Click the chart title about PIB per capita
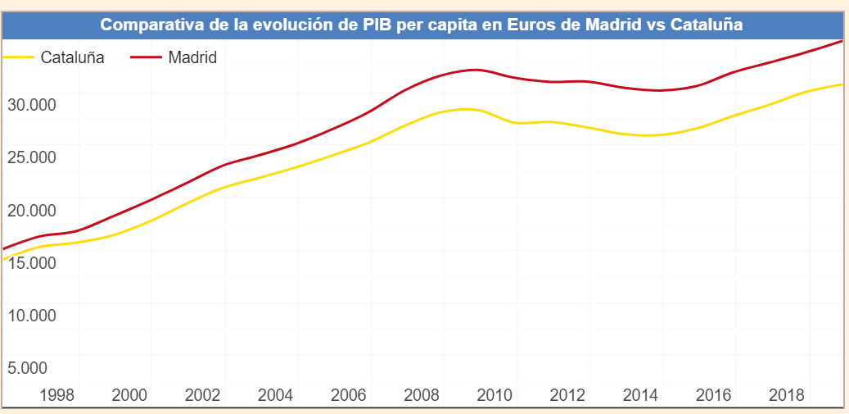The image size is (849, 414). click(x=422, y=25)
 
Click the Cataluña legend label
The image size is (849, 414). click(x=72, y=57)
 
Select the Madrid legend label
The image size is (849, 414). click(x=192, y=57)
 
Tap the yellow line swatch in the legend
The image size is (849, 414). click(x=18, y=57)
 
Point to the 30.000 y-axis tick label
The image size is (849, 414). click(x=31, y=105)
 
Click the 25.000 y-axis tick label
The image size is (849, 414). click(x=31, y=157)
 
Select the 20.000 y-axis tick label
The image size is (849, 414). click(x=31, y=210)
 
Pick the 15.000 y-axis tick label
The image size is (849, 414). click(x=31, y=263)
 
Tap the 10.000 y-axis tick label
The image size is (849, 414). click(x=31, y=316)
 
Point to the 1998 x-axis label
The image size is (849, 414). click(x=56, y=395)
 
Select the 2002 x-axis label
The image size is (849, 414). click(x=202, y=395)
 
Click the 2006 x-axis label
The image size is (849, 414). click(x=349, y=395)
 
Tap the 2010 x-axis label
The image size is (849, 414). click(x=494, y=395)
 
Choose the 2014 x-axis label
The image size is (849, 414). click(x=640, y=395)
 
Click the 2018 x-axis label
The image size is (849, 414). click(x=786, y=395)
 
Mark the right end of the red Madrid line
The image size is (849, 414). click(x=842, y=41)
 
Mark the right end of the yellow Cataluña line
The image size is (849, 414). click(x=842, y=84)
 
